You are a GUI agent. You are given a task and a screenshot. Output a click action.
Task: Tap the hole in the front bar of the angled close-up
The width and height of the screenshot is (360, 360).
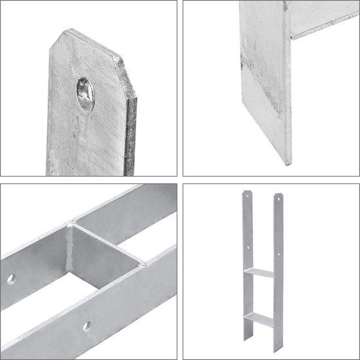click(86, 326)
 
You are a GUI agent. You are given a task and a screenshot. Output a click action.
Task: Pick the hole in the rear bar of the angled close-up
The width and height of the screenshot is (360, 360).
click(11, 279)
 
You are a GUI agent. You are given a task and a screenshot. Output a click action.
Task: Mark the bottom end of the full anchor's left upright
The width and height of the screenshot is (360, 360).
click(247, 341)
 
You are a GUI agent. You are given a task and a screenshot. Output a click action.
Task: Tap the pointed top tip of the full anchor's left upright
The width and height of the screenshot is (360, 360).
click(246, 192)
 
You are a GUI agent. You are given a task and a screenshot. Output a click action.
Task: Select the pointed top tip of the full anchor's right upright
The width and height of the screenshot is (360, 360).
click(279, 194)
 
